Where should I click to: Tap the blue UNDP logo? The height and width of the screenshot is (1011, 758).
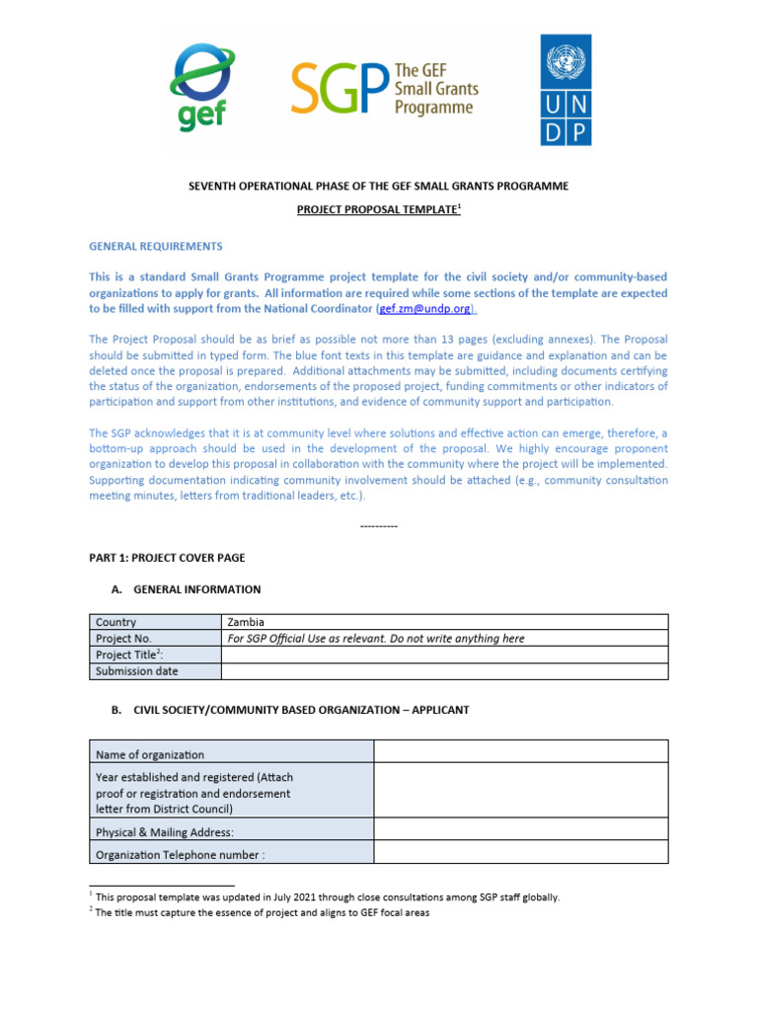tap(567, 90)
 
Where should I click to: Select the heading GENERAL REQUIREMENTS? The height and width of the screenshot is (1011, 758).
tap(156, 246)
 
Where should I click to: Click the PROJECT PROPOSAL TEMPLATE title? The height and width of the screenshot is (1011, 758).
tap(378, 210)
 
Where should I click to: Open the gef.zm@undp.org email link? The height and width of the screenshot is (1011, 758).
tap(426, 309)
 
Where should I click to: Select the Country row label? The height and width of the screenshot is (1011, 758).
tap(116, 622)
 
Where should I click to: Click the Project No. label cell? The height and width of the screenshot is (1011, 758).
tap(123, 639)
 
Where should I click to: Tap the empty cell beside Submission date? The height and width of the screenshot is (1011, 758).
tap(444, 671)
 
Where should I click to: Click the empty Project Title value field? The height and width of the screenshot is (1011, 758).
tap(444, 655)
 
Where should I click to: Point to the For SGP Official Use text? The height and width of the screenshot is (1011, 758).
tap(376, 639)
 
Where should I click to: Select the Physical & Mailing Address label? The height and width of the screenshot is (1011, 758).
tap(165, 832)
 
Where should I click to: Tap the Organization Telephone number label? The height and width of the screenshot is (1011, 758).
tap(181, 855)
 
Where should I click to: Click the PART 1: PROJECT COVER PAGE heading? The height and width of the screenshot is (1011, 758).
tap(167, 558)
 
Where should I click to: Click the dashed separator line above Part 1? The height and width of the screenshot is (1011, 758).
tap(379, 526)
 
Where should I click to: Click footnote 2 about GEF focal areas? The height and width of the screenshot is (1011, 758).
tap(263, 913)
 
